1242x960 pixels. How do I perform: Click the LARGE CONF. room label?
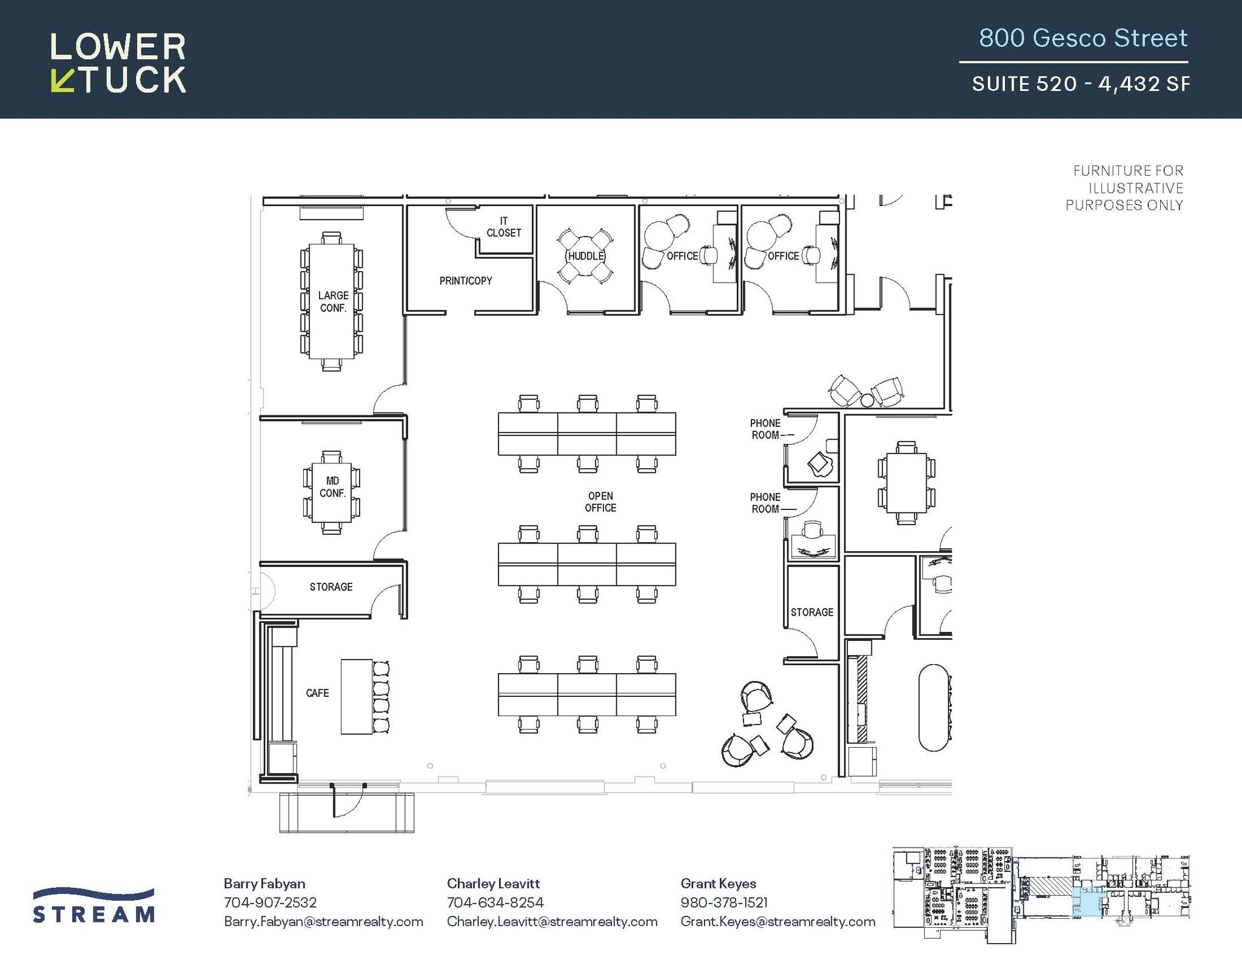[x=333, y=301]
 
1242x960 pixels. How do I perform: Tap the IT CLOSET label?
[x=503, y=227]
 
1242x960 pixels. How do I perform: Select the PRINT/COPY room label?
[x=465, y=281]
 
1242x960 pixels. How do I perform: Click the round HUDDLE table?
[x=585, y=256]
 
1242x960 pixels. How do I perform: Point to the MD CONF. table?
[x=331, y=492]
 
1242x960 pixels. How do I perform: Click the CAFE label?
[x=317, y=693]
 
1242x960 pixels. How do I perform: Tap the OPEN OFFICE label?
[x=600, y=502]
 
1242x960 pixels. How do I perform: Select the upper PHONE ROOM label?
[x=765, y=429]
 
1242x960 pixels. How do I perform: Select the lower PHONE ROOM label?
[x=765, y=503]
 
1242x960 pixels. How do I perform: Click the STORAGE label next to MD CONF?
[x=331, y=586]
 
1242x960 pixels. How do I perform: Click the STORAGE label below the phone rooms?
[x=811, y=612]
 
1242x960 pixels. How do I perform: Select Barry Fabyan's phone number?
[x=270, y=902]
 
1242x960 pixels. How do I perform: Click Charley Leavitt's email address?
[x=552, y=921]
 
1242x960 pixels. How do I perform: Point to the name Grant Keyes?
[x=718, y=884]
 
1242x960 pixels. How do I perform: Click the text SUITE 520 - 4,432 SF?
[x=1080, y=84]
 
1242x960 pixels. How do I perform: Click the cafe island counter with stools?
[x=357, y=697]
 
